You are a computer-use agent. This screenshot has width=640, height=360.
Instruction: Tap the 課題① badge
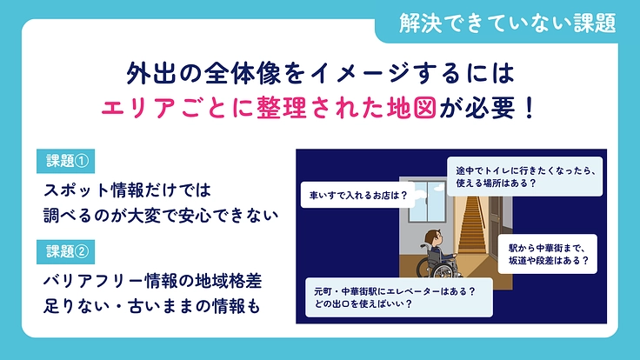tap(69, 161)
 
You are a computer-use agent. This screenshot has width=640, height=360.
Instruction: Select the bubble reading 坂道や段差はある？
tap(549, 252)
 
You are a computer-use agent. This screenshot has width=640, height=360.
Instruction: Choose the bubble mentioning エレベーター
tap(396, 298)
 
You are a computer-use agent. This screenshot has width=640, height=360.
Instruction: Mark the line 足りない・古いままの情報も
tap(150, 307)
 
